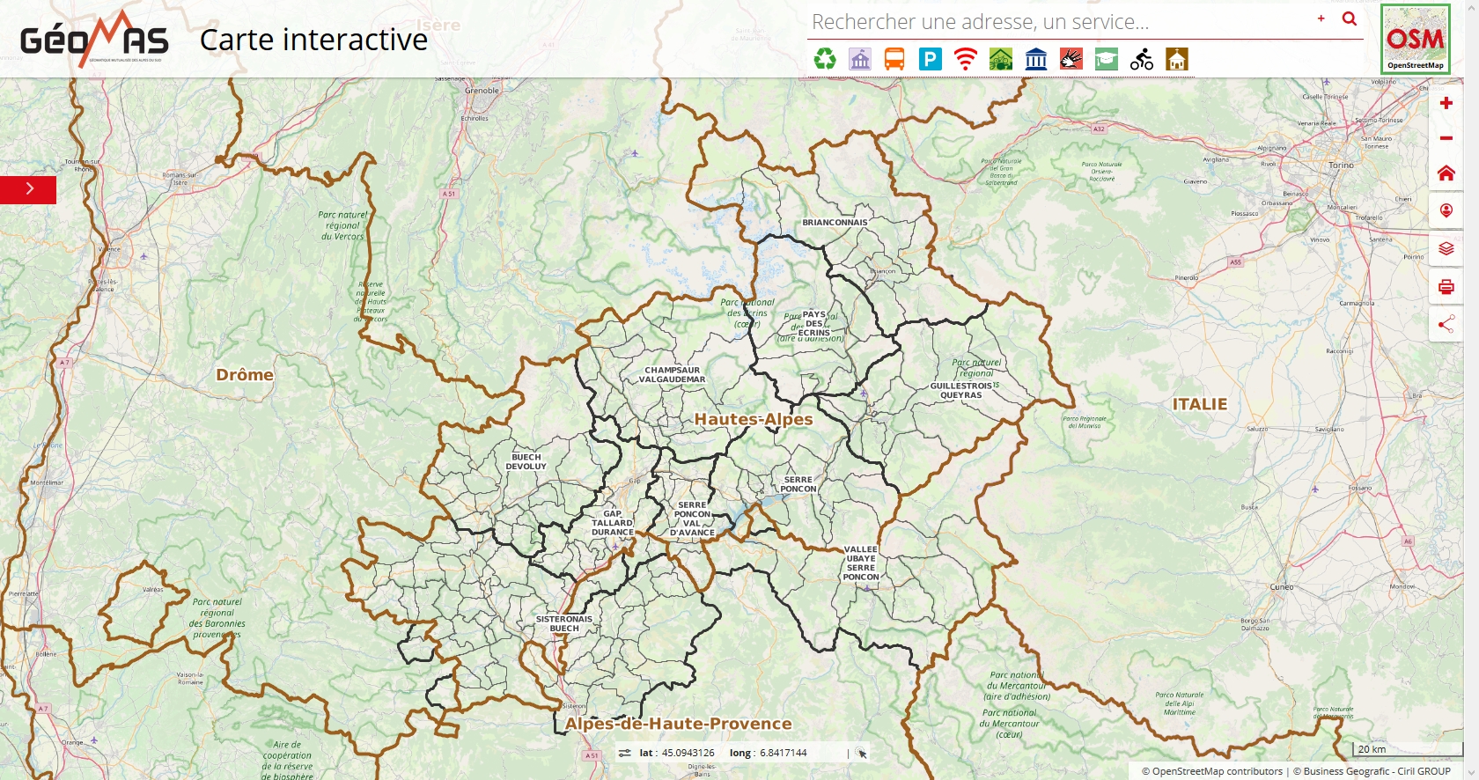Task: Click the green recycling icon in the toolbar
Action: tap(825, 59)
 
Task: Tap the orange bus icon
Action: tap(894, 59)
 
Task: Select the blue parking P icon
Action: tap(930, 59)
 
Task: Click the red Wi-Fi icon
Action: tap(966, 59)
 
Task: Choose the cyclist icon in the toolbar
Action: tap(1142, 59)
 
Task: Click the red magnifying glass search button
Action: tap(1349, 18)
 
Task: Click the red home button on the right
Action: tap(1446, 173)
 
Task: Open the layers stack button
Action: tap(1446, 248)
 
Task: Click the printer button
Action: tap(1446, 286)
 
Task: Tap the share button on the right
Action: tap(1446, 324)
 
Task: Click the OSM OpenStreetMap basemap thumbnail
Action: tap(1415, 39)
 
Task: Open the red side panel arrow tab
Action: tap(28, 189)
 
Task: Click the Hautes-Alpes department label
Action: tap(753, 419)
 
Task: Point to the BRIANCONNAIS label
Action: tap(835, 223)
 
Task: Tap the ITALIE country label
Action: tap(1199, 404)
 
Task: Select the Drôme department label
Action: tap(245, 375)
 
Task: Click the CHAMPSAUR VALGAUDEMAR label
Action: tap(672, 375)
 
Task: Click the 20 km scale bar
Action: tap(1400, 749)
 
